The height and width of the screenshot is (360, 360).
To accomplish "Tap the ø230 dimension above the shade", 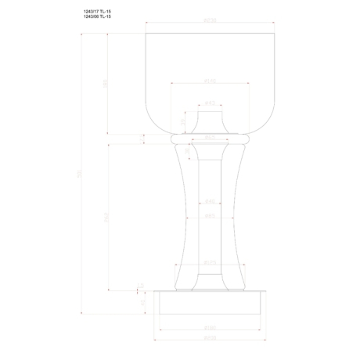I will click(x=209, y=21).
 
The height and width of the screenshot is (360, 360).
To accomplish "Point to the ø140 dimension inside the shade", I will click(x=209, y=80).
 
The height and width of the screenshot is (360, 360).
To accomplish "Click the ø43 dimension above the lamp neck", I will click(x=209, y=103).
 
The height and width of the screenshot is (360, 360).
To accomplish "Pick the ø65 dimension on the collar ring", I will click(x=209, y=136).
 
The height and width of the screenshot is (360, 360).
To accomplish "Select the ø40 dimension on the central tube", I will click(x=209, y=200).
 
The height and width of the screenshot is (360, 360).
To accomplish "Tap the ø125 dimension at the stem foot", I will click(x=209, y=262).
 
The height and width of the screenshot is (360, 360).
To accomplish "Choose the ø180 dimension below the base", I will click(x=209, y=328).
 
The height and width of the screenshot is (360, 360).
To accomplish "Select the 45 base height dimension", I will click(x=142, y=302).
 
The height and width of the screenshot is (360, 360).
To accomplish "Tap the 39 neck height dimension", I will click(x=182, y=122).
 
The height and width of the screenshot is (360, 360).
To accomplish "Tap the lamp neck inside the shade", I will click(x=209, y=122).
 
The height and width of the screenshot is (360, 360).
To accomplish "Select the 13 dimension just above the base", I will click(x=142, y=286).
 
